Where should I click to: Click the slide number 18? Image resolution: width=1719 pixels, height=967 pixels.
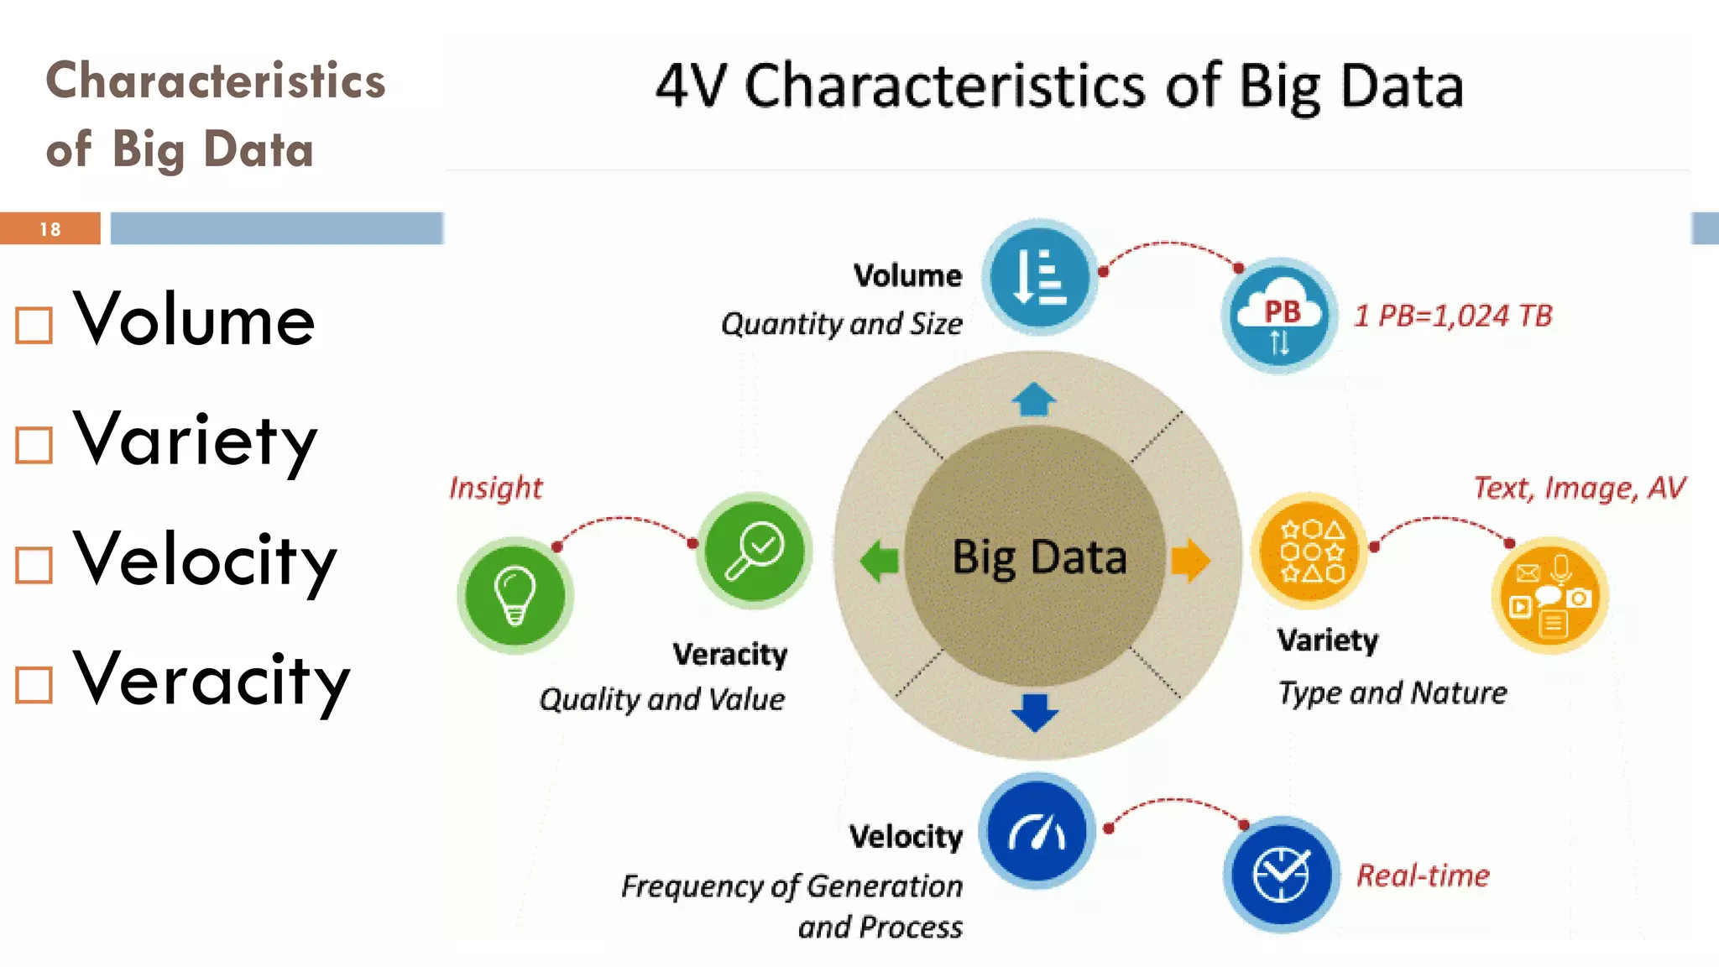tap(50, 229)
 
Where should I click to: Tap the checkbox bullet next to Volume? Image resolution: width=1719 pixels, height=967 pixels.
tap(34, 325)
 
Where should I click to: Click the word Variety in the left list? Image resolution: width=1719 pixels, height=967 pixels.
tap(195, 441)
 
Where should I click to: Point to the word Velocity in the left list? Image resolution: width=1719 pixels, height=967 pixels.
tap(205, 561)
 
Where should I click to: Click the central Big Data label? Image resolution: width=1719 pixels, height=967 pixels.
tap(1038, 557)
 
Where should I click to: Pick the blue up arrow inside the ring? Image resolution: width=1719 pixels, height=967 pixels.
tap(1034, 400)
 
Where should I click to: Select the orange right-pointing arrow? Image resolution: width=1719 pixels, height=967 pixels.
tap(1190, 560)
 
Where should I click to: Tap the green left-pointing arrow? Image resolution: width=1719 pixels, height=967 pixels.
tap(880, 560)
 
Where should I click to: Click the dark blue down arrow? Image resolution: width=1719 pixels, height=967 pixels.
tap(1035, 712)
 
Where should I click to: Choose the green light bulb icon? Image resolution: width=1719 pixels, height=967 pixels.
tap(515, 595)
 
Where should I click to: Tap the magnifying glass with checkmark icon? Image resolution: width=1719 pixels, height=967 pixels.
tap(755, 551)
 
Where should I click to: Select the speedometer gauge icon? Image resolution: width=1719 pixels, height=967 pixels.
tap(1037, 831)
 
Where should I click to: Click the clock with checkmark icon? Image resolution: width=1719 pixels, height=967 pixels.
tap(1281, 874)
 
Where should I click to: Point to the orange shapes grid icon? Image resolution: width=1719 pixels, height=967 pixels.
tap(1310, 551)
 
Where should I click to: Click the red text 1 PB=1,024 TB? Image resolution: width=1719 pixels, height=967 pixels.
tap(1453, 316)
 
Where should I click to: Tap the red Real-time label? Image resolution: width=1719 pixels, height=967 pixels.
tap(1423, 876)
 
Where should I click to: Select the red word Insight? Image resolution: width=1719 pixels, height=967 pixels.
tap(495, 488)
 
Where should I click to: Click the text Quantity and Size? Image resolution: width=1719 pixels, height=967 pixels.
tap(841, 324)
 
